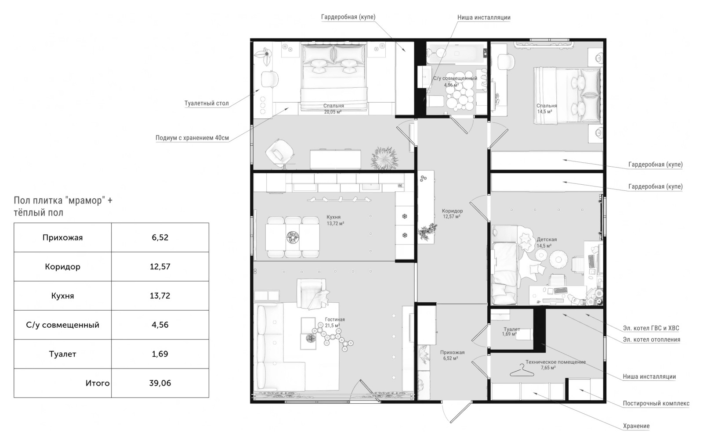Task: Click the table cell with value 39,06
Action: point(160,383)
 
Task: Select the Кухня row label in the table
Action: point(62,296)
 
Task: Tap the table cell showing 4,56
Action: point(160,325)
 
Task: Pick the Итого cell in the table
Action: point(62,383)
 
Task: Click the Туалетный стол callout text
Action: point(207,103)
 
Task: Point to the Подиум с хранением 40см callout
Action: point(192,138)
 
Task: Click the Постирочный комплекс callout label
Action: point(656,403)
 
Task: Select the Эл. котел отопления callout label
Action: point(652,339)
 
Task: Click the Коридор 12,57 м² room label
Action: point(452,214)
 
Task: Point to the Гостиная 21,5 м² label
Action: point(334,322)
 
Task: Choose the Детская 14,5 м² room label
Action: point(547,243)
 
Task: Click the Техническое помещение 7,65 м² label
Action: point(555,365)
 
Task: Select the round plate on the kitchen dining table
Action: point(293,237)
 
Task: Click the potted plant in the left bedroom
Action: point(385,158)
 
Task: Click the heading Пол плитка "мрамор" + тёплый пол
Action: point(63,207)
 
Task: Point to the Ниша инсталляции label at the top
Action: point(484,18)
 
